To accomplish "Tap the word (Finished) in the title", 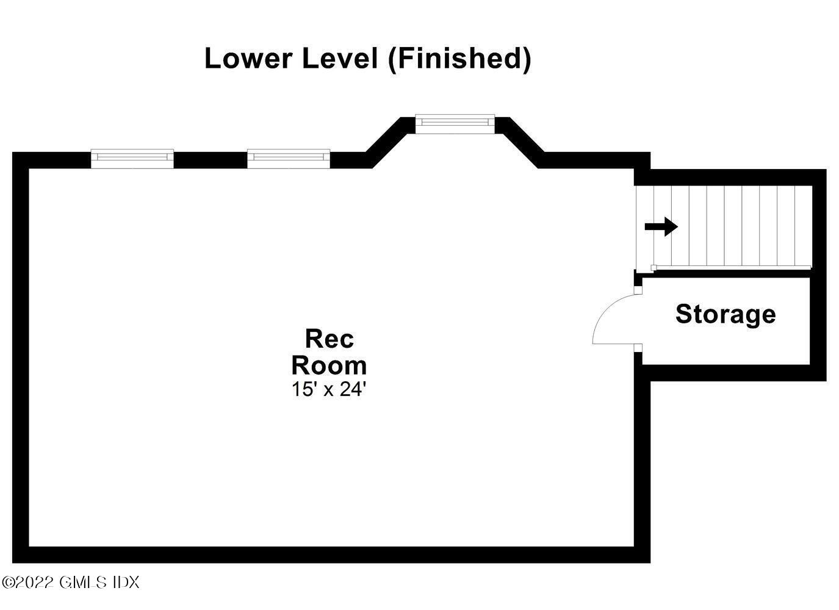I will pyautogui.click(x=459, y=59).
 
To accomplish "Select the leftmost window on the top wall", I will pyautogui.click(x=132, y=158).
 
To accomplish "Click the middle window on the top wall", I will pyautogui.click(x=289, y=158).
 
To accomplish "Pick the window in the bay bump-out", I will pyautogui.click(x=455, y=123).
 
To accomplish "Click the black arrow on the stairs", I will pyautogui.click(x=661, y=227).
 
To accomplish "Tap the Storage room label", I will pyautogui.click(x=726, y=314).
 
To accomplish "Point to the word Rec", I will pyautogui.click(x=329, y=338).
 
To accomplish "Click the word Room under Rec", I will pyautogui.click(x=329, y=365).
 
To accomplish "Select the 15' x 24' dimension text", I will pyautogui.click(x=329, y=389).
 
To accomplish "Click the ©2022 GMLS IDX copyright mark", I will pyautogui.click(x=71, y=583).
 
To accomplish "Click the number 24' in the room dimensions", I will pyautogui.click(x=352, y=389).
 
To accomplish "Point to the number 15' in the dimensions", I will pyautogui.click(x=303, y=389).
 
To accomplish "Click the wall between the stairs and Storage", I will pyautogui.click(x=726, y=273).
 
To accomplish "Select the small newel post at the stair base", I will pyautogui.click(x=654, y=267).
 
